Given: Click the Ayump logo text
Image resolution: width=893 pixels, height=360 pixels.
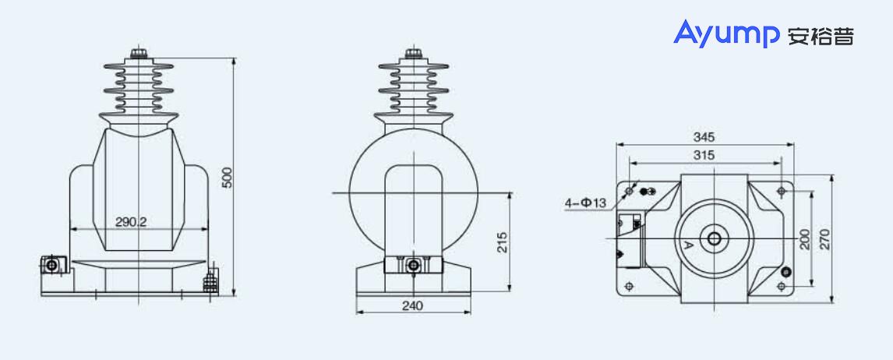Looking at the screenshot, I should point(726,34).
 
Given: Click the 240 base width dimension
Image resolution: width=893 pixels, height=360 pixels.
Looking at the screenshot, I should point(412,306).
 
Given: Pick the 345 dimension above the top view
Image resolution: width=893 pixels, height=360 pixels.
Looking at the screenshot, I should point(704,137).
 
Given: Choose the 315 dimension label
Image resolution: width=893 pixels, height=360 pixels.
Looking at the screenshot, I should point(704,155).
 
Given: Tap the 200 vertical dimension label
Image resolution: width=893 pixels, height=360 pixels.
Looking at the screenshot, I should point(805,238).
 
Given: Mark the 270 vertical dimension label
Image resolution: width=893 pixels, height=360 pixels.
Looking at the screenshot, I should point(826,238).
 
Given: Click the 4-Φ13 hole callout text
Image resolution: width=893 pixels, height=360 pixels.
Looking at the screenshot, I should point(585,203).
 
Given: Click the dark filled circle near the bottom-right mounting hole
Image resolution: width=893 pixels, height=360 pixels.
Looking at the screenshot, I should point(785,272).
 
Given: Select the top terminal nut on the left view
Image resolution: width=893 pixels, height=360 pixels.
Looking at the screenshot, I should point(139,54).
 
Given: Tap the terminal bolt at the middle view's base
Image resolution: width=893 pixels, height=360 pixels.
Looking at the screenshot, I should point(413,266).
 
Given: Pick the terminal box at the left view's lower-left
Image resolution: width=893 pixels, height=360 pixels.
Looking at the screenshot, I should point(51,266).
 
